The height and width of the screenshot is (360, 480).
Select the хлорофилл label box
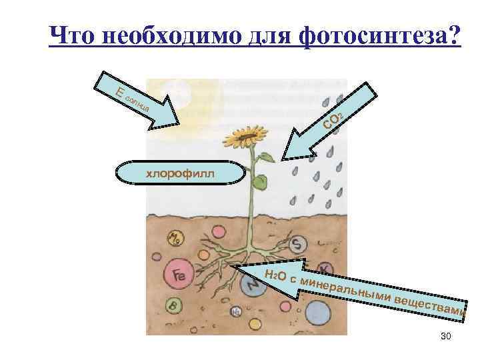pos(181,173)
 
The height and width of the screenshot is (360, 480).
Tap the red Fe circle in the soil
pos(179,274)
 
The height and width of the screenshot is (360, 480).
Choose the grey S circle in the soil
pos(299,245)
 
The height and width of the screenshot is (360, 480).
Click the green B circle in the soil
pos(173,306)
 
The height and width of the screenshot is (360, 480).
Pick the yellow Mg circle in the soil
pos(175,237)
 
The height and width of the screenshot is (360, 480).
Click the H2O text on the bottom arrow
pos(275,275)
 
